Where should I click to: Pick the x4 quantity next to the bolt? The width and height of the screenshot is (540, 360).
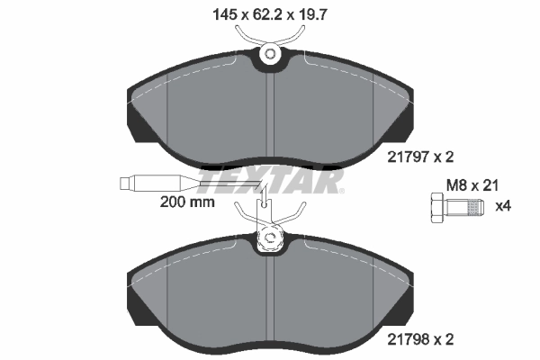504,206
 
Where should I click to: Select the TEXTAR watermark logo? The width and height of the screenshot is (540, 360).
270,183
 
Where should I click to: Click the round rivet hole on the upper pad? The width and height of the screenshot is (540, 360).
270,56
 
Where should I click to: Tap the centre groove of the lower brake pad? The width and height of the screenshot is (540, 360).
270,297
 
